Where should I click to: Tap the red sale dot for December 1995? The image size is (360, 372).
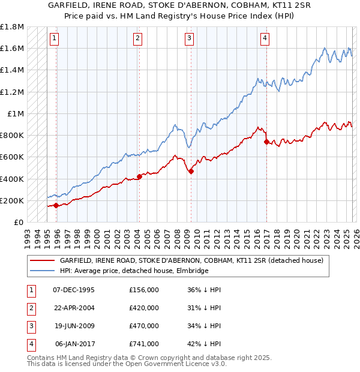[x=56, y=205]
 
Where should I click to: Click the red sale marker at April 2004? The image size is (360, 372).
[x=139, y=176]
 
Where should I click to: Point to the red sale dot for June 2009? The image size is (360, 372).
[x=191, y=171]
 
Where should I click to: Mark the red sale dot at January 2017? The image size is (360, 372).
[x=266, y=142]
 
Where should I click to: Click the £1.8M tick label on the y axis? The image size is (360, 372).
[x=12, y=27]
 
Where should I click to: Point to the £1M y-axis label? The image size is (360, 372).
[x=16, y=113]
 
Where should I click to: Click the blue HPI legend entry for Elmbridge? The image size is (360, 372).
[x=134, y=271]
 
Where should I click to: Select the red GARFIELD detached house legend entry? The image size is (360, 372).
[x=191, y=261]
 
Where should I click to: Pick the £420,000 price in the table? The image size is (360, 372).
[x=144, y=308]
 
